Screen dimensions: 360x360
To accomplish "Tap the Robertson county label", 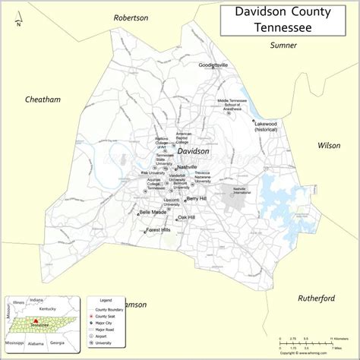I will pyautogui.click(x=131, y=17).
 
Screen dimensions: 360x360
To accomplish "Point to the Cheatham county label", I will pyautogui.click(x=43, y=99).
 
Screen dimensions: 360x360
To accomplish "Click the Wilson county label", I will pyautogui.click(x=329, y=145).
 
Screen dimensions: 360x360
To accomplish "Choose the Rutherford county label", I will pyautogui.click(x=316, y=277).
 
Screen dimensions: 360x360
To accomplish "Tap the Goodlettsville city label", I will pyautogui.click(x=213, y=65).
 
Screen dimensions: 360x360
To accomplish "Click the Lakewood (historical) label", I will pyautogui.click(x=266, y=126).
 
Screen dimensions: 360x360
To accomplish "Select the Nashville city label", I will pyautogui.click(x=187, y=167).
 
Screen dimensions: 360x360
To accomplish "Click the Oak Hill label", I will pyautogui.click(x=186, y=217).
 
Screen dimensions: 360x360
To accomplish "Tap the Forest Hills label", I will pyautogui.click(x=159, y=229).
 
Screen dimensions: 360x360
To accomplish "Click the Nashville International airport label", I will pyautogui.click(x=240, y=189).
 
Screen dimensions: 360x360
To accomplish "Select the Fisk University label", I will pyautogui.click(x=153, y=173).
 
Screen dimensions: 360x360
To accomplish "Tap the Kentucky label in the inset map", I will pyautogui.click(x=47, y=310).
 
